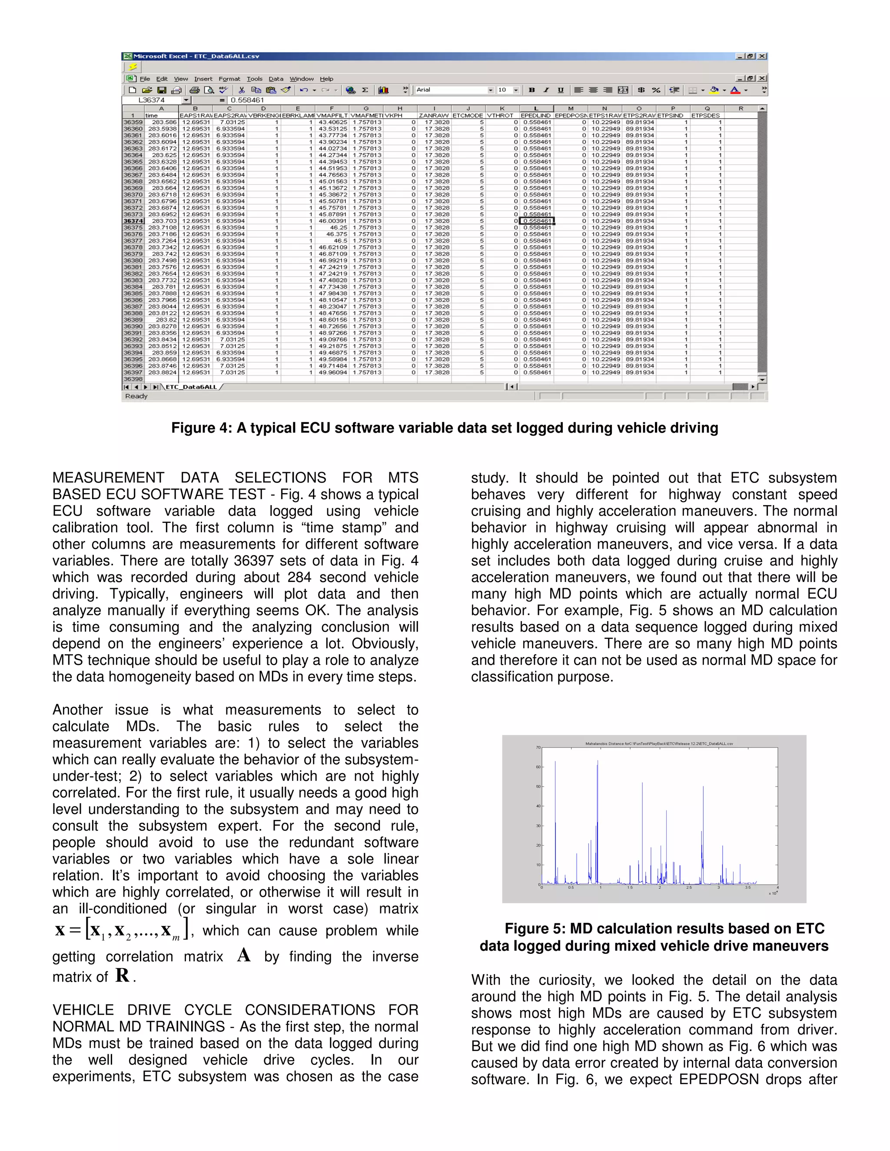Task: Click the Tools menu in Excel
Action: (x=254, y=79)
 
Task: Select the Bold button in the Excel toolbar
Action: (x=531, y=90)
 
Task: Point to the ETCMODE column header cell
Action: (x=468, y=116)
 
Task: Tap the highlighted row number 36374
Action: (x=133, y=221)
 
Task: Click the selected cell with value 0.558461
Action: (x=536, y=221)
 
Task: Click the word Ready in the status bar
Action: (x=136, y=396)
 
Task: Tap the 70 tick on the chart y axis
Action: (x=538, y=747)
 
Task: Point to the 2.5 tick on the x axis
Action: (x=689, y=887)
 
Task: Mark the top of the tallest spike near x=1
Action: (x=598, y=761)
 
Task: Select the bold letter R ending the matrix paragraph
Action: (x=122, y=976)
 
